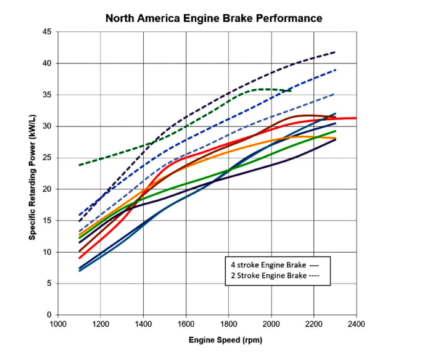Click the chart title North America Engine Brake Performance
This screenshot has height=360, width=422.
click(x=213, y=18)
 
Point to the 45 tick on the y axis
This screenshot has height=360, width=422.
click(x=47, y=32)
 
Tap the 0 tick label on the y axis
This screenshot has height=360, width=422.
click(x=49, y=315)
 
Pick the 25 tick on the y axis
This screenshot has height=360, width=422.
click(x=47, y=158)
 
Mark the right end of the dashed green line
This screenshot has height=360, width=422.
click(x=291, y=91)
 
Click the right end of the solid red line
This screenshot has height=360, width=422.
click(x=357, y=118)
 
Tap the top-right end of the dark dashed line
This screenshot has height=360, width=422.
click(x=336, y=52)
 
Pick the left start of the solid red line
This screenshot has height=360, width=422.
click(x=80, y=258)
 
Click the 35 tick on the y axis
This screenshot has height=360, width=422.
click(x=47, y=95)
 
